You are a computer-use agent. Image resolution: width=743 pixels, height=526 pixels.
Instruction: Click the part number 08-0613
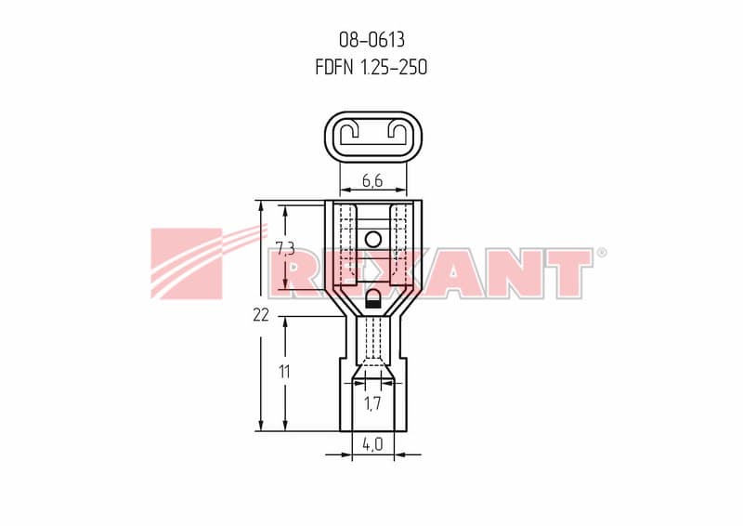coord(372,40)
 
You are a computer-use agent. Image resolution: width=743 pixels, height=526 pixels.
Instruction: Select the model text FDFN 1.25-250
coord(371,67)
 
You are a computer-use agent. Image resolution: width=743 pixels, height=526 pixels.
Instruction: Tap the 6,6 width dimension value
coord(372,180)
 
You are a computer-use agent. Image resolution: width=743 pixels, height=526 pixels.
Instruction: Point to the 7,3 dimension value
coord(285,248)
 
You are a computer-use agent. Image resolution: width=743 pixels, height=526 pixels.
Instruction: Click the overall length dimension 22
coord(261,314)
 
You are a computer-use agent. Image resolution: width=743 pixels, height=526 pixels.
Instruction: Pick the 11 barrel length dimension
coord(284,372)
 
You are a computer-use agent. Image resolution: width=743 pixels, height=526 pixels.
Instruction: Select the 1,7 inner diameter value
coord(372,403)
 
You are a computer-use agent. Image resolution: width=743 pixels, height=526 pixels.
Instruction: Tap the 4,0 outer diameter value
coord(372,444)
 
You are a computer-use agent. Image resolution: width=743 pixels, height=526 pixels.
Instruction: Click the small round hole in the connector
coord(373,240)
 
